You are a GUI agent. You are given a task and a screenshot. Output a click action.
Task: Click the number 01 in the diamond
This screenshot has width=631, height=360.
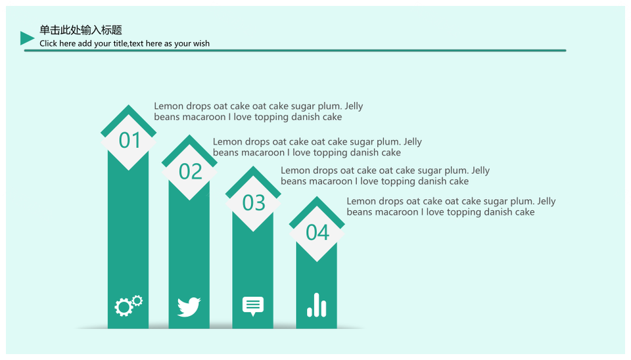pyautogui.click(x=129, y=141)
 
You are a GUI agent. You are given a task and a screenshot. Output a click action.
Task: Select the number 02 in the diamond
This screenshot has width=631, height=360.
pyautogui.click(x=191, y=171)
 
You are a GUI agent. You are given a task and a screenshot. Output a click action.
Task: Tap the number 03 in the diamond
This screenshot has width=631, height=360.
pyautogui.click(x=254, y=203)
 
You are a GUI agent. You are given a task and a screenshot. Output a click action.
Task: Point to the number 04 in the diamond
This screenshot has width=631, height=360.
pyautogui.click(x=317, y=233)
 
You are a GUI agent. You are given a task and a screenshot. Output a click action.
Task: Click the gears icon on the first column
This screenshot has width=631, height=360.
pyautogui.click(x=128, y=306)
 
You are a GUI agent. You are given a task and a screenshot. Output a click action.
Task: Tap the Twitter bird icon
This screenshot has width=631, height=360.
pyautogui.click(x=189, y=307)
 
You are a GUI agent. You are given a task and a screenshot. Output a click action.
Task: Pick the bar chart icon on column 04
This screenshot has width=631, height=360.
pyautogui.click(x=317, y=305)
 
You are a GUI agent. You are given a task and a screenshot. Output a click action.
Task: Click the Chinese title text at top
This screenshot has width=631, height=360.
pyautogui.click(x=80, y=30)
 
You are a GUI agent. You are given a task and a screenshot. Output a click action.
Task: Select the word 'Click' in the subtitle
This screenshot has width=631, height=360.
pyautogui.click(x=48, y=43)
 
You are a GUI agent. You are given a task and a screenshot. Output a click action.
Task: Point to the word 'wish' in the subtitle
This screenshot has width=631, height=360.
pyautogui.click(x=201, y=43)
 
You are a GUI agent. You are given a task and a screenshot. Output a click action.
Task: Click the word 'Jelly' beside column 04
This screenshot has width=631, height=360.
pyautogui.click(x=546, y=202)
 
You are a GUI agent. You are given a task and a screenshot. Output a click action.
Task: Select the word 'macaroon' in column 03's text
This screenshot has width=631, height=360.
pyautogui.click(x=331, y=181)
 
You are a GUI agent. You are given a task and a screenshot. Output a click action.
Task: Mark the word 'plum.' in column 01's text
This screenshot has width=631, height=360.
pyautogui.click(x=329, y=106)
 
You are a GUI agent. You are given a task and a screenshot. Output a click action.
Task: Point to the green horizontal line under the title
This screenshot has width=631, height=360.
pyautogui.click(x=295, y=51)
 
